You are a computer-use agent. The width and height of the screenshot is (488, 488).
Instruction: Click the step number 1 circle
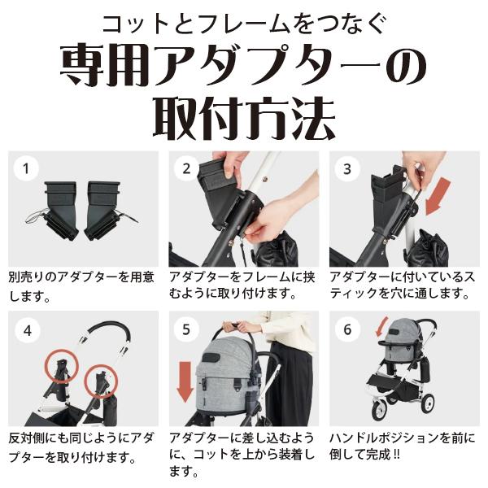click(27, 169)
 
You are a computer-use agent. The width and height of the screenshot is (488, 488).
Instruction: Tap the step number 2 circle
click(187, 169)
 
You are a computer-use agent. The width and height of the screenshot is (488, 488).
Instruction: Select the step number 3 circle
click(347, 169)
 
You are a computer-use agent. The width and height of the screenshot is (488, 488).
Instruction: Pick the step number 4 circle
click(27, 330)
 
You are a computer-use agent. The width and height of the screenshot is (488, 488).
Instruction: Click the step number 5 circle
click(187, 330)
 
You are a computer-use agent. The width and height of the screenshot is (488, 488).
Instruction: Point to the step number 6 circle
click(347, 330)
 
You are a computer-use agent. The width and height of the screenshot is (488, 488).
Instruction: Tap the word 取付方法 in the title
click(244, 118)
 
